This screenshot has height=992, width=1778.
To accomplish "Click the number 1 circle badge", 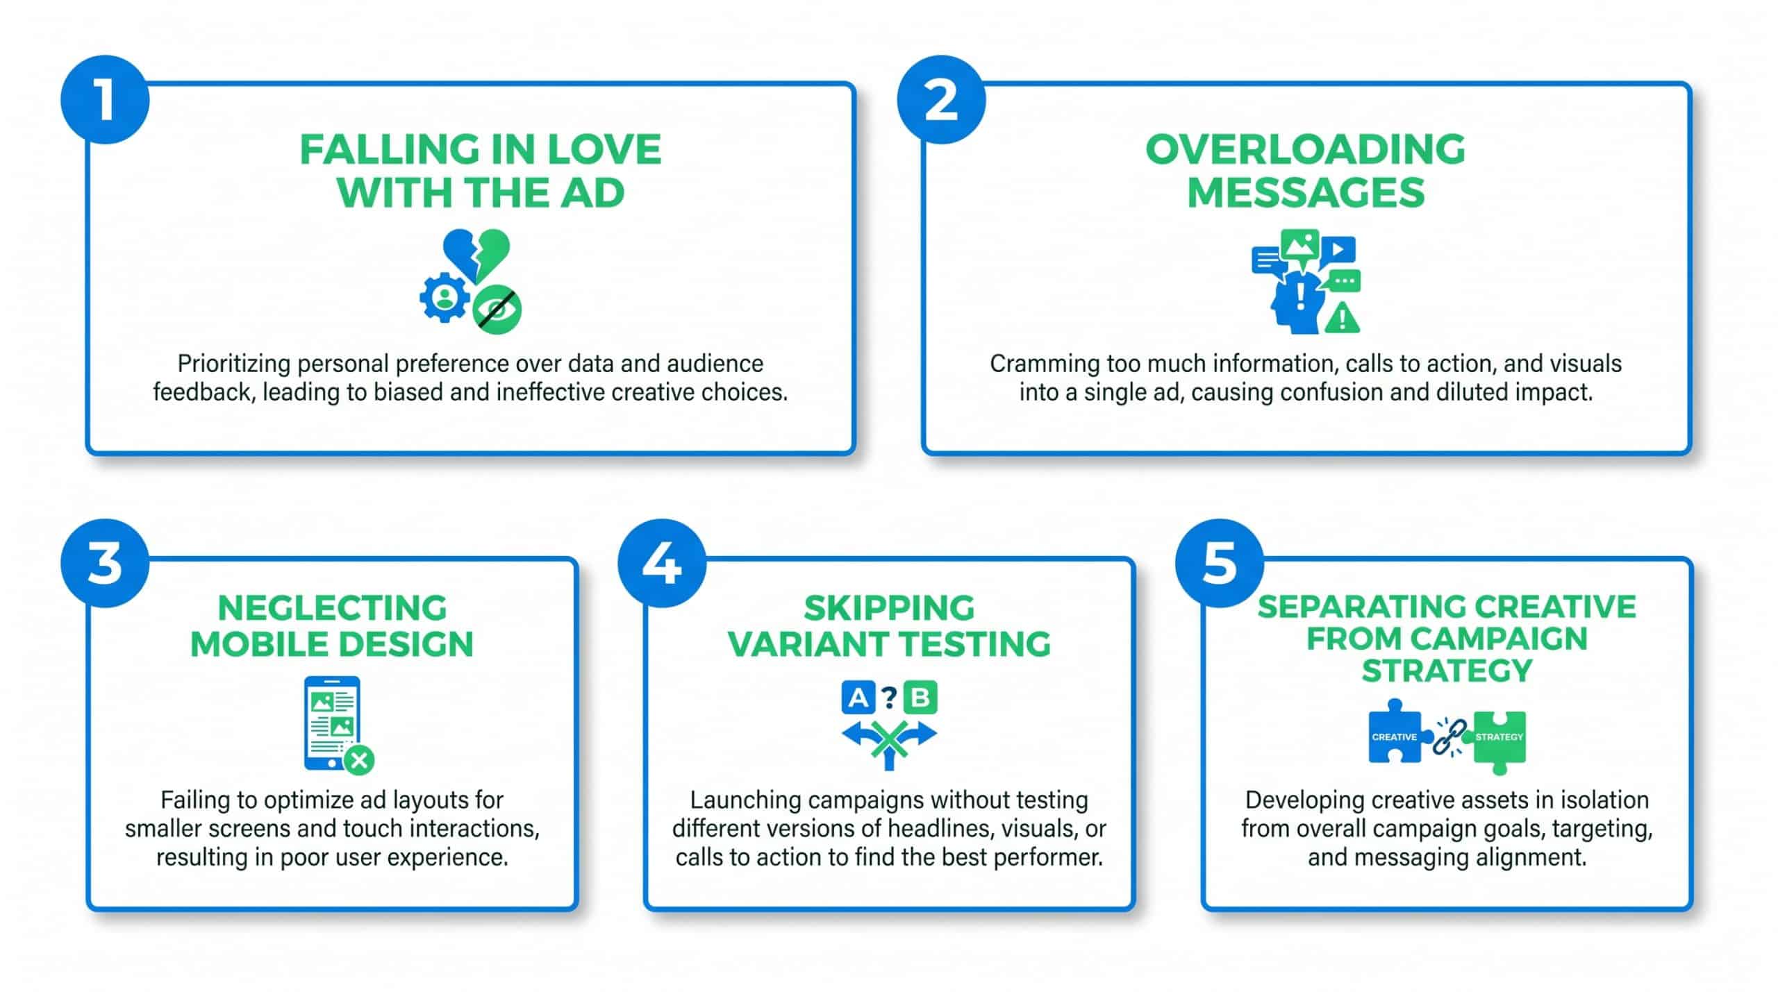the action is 105,100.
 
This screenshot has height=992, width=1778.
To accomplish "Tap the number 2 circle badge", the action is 941,100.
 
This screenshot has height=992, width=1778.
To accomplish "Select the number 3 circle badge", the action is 105,563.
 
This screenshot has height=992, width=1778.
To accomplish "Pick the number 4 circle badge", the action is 662,563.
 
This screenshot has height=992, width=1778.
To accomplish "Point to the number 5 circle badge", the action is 1220,563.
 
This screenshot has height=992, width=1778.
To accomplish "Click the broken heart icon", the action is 476,255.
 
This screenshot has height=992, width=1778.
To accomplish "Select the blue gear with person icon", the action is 444,297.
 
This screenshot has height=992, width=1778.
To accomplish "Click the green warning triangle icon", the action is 1342,319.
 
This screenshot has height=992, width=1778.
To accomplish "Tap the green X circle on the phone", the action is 359,760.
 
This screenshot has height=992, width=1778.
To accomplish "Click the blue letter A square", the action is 858,698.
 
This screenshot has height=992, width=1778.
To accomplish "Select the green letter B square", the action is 920,698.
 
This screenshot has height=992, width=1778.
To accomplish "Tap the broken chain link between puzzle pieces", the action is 1450,737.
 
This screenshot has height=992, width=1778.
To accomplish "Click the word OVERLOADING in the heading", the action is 1305,149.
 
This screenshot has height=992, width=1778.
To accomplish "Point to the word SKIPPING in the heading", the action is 889,609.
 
